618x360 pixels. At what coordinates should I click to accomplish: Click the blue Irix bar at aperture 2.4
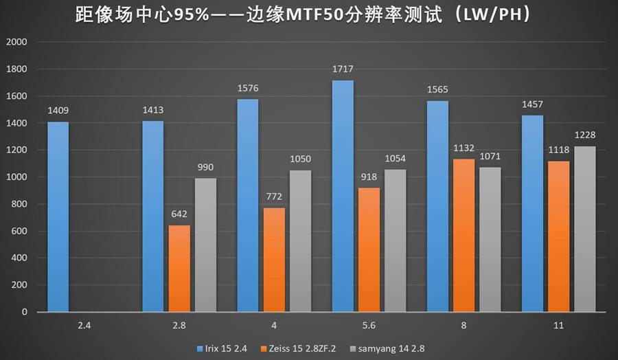point(58,216)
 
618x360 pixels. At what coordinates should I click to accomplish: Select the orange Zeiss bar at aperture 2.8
point(179,268)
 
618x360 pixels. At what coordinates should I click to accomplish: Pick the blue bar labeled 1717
point(343,196)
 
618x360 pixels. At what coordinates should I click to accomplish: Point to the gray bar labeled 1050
point(300,240)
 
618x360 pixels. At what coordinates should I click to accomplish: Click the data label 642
point(179,214)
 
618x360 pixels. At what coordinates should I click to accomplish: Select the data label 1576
point(247,89)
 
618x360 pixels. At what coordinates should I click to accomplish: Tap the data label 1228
point(585,135)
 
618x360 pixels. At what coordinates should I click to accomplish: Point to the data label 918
point(369,177)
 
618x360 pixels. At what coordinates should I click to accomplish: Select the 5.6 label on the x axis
point(369,325)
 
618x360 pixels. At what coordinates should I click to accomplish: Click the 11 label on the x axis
point(558,325)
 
